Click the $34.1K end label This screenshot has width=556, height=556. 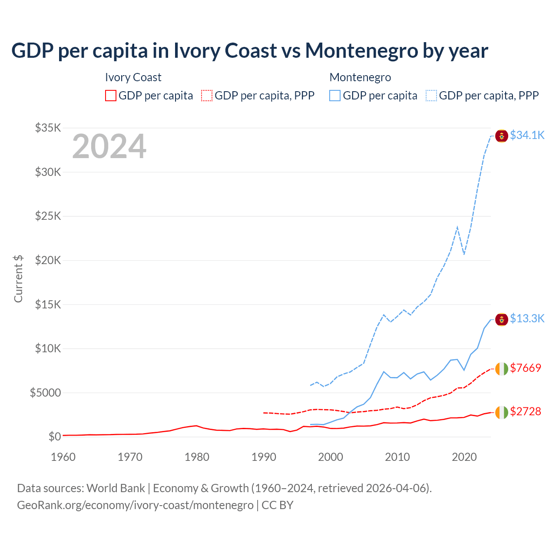click(x=527, y=135)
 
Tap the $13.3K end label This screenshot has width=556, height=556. click(x=527, y=318)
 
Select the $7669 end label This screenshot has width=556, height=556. click(x=526, y=368)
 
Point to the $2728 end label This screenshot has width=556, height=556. click(x=526, y=411)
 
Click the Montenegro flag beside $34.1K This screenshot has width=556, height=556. click(x=502, y=136)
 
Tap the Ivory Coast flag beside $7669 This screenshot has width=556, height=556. click(x=502, y=369)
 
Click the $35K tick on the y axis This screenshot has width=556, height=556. click(x=48, y=128)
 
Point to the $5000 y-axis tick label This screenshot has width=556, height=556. click(x=45, y=393)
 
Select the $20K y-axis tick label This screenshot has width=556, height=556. click(x=48, y=260)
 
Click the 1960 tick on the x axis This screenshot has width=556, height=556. click(x=63, y=457)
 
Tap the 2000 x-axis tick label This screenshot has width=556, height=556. click(x=331, y=457)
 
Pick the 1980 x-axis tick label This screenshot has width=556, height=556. click(x=197, y=457)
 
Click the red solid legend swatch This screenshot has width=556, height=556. click(x=111, y=96)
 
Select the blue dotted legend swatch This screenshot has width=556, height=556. click(x=431, y=96)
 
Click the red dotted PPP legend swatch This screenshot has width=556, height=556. click(x=207, y=96)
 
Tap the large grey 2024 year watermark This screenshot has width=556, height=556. click(x=109, y=146)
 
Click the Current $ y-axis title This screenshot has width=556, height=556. click(x=18, y=279)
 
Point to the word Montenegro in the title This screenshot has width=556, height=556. click(x=362, y=51)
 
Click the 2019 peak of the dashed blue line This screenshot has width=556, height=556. click(x=457, y=227)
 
